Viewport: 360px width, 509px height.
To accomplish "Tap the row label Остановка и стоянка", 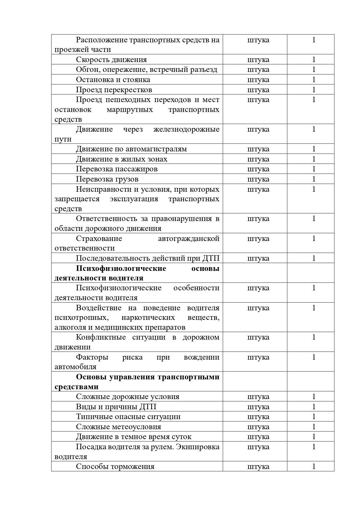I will coord(113,79).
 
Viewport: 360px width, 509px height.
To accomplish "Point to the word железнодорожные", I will coord(186,129).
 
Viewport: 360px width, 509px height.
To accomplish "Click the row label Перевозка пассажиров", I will coord(117,169).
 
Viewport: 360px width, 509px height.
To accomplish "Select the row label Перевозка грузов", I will coord(107,179).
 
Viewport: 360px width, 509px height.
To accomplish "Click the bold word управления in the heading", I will coord(132,377).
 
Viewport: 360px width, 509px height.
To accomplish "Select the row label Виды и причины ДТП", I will coord(116,407).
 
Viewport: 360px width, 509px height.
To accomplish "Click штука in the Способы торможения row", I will coord(258,467).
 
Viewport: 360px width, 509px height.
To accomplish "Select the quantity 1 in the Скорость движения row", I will coord(314,60).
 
